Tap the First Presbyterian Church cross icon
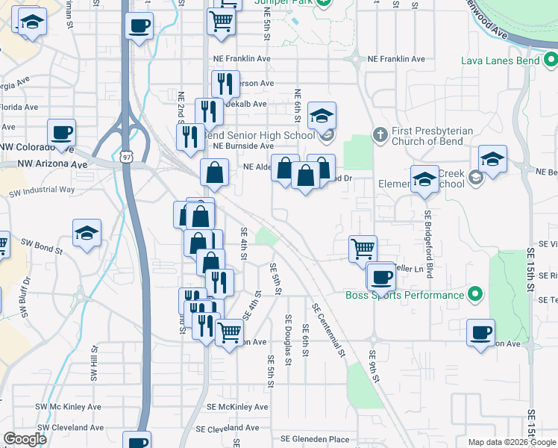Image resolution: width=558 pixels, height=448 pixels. point(380,135)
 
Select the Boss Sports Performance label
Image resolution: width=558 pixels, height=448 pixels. point(404,295)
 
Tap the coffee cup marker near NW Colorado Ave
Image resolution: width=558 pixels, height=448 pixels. point(61,133)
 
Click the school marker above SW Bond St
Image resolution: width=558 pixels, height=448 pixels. point(87,233)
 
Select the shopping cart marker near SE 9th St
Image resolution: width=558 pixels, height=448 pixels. point(363,249)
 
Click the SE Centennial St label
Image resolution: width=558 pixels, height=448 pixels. point(329,328)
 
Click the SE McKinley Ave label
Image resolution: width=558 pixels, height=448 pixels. point(237,407)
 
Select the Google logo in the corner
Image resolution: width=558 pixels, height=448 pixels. point(25,438)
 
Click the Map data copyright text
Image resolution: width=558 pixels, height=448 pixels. point(511,442)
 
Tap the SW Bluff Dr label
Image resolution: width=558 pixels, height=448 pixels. point(25,292)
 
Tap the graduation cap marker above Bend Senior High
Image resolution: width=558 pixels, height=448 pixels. point(322,115)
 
